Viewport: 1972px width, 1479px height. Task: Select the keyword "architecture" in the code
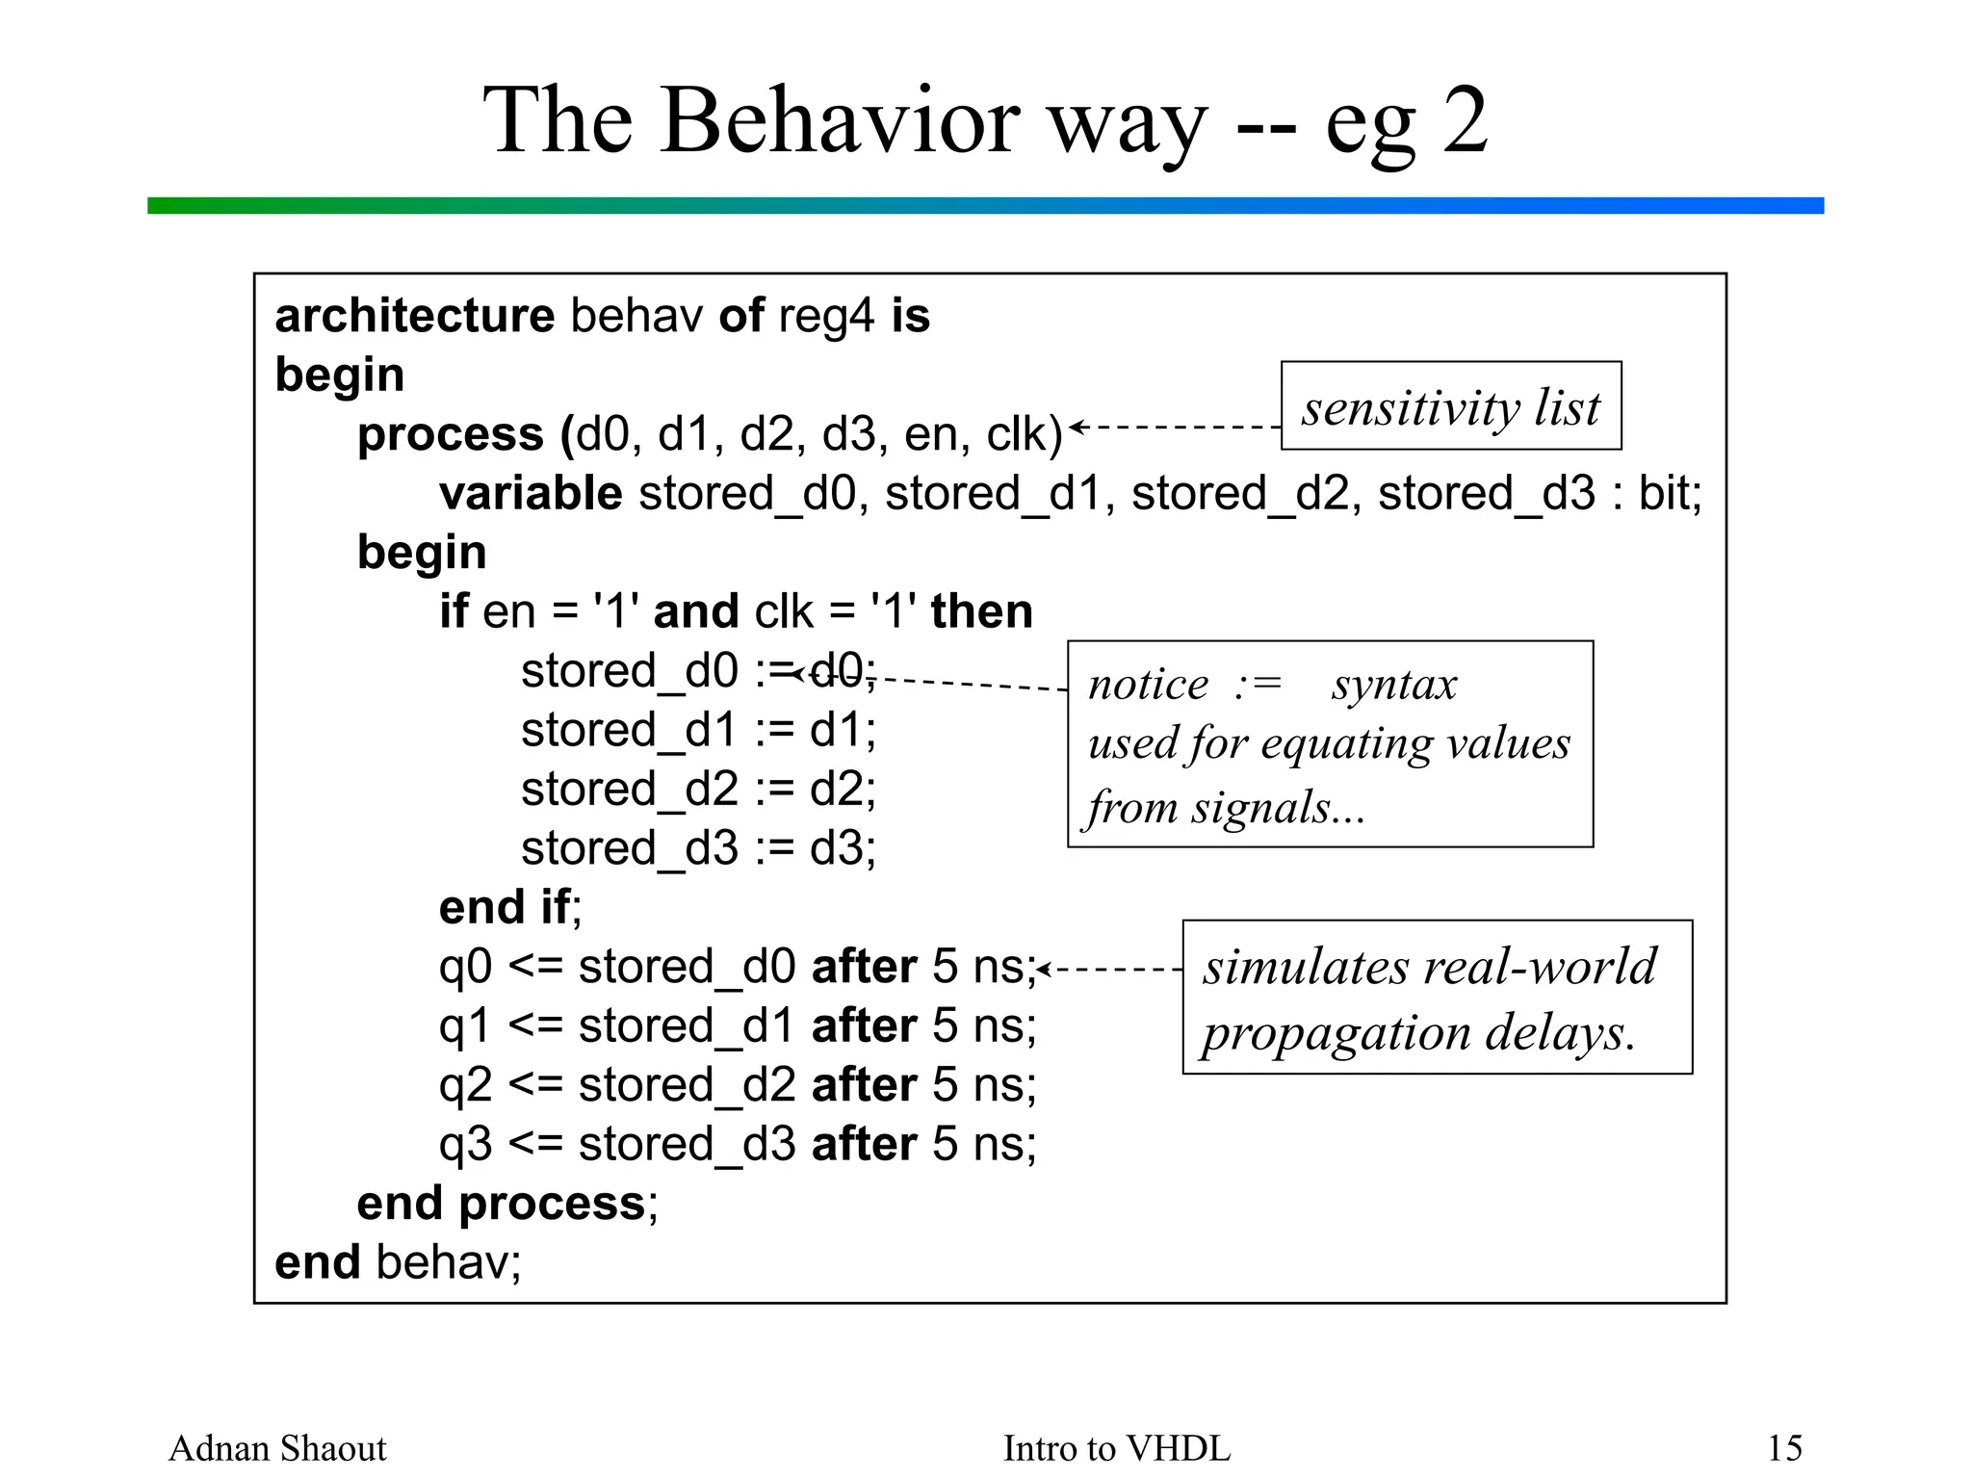click(x=414, y=316)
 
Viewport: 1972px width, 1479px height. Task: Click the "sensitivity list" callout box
click(x=1450, y=406)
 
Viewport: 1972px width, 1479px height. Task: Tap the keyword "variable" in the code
click(x=531, y=493)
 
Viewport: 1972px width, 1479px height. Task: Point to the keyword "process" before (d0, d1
click(x=450, y=434)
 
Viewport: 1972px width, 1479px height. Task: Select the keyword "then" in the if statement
click(x=981, y=611)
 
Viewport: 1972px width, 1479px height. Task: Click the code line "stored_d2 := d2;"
click(x=698, y=790)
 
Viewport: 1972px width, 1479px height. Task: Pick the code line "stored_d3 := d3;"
click(x=698, y=848)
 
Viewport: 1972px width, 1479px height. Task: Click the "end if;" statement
click(x=510, y=907)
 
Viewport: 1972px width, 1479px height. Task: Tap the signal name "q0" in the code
click(x=465, y=967)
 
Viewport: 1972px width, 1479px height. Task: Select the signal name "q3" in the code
click(x=465, y=1145)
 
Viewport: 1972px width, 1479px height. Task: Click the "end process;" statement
click(x=507, y=1204)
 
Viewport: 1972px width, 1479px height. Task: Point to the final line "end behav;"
click(x=398, y=1262)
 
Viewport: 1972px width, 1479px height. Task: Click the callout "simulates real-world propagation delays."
click(x=1437, y=998)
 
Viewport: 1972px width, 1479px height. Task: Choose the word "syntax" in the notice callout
click(x=1394, y=685)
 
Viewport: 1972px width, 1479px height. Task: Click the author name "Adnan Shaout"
click(x=277, y=1448)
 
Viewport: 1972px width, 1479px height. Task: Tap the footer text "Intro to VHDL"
click(x=1117, y=1448)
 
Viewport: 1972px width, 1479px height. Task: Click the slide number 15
click(x=1784, y=1448)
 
